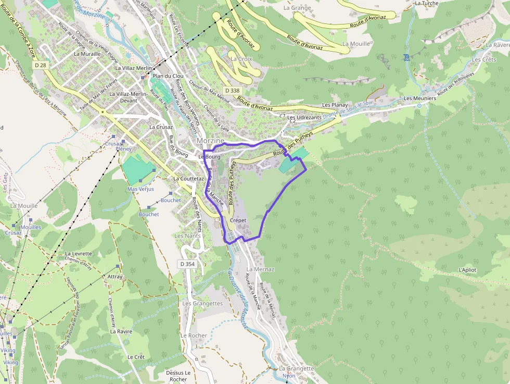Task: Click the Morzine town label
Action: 210,141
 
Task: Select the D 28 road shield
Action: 41,65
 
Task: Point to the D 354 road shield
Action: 187,264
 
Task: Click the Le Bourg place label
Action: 209,156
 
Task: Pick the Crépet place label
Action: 237,220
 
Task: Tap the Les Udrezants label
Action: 304,118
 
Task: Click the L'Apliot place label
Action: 467,270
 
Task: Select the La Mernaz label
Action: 260,269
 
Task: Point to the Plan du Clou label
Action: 168,76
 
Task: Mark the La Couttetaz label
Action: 188,178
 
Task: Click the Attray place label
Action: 114,277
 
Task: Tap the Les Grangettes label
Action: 202,303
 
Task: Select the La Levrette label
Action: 79,254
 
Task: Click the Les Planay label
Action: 335,105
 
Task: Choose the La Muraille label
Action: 87,54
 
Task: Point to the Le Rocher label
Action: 194,336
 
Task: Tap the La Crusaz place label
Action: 161,127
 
